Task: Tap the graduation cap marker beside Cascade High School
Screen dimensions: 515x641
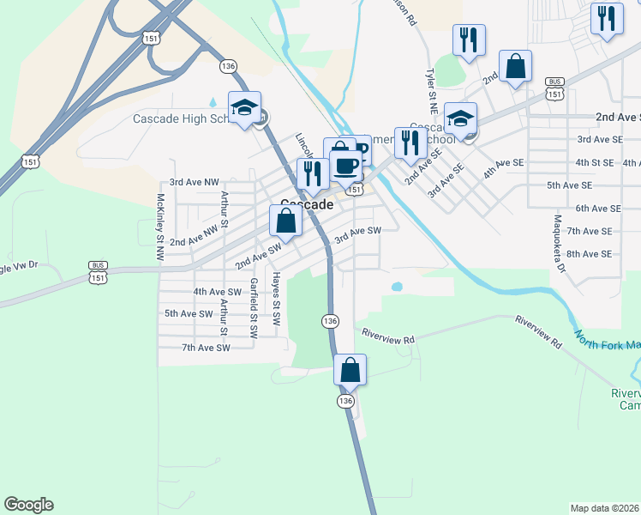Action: click(x=245, y=109)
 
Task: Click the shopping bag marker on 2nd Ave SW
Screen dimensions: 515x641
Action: click(x=287, y=221)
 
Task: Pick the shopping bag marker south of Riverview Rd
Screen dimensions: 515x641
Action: click(x=350, y=371)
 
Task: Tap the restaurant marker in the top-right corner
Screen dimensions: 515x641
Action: click(x=608, y=19)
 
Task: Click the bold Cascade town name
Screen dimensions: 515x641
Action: click(x=307, y=206)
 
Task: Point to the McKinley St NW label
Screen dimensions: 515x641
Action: click(x=159, y=227)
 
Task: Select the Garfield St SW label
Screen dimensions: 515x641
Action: click(x=254, y=307)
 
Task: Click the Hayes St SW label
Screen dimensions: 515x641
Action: click(x=276, y=299)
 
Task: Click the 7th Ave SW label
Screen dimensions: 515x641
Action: click(x=206, y=348)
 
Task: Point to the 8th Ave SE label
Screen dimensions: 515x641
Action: click(x=590, y=254)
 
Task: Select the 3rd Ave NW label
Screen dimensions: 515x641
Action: click(x=195, y=182)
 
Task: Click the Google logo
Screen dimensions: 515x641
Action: click(x=28, y=505)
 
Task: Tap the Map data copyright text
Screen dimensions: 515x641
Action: click(x=605, y=508)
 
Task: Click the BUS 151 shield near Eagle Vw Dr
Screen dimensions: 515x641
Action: click(x=98, y=272)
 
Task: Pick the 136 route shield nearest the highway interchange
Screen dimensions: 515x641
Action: click(x=227, y=66)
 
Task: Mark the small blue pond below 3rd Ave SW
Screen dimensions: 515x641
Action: click(x=396, y=286)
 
